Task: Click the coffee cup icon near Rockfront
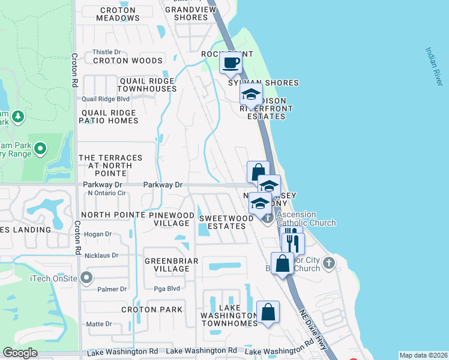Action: (231, 62)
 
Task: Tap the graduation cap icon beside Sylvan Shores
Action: (251, 94)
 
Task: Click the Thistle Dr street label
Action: (107, 52)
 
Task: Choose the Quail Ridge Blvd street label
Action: (106, 98)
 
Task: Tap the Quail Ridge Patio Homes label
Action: (108, 116)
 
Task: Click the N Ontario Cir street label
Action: (106, 193)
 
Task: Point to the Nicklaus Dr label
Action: (102, 255)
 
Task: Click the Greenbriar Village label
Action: (167, 265)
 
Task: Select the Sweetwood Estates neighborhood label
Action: (226, 223)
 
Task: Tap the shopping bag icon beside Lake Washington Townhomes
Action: (268, 312)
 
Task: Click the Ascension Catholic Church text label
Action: (306, 218)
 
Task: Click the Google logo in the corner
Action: (20, 353)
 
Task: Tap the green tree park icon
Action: (18, 116)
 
